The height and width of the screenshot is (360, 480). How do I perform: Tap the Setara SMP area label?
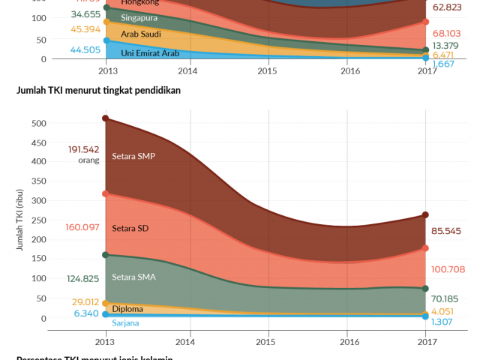click(x=133, y=157)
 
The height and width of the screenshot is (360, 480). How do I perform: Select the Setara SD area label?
click(x=130, y=228)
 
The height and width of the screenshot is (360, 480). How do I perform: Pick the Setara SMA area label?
click(x=133, y=277)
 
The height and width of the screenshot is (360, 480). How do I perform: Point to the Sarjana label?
click(x=127, y=322)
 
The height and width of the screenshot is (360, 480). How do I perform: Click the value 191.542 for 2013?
click(x=83, y=149)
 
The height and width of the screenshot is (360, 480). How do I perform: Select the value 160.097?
click(x=83, y=227)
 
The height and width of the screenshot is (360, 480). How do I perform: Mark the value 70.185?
click(x=448, y=298)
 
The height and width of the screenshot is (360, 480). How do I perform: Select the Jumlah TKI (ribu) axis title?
click(x=22, y=217)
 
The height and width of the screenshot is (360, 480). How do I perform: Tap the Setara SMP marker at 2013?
click(x=106, y=118)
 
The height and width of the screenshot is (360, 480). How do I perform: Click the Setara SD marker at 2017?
click(x=425, y=248)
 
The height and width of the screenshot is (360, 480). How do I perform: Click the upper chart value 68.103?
click(x=449, y=34)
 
